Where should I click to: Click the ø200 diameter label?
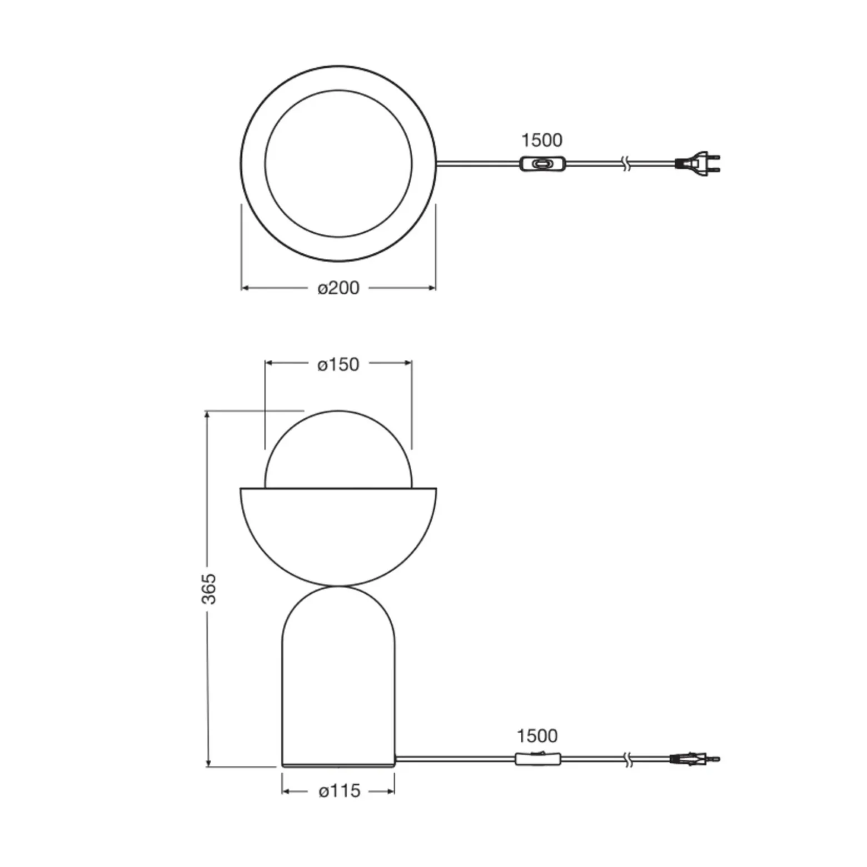click(338, 288)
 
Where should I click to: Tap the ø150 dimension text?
click(338, 364)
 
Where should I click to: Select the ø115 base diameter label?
click(340, 790)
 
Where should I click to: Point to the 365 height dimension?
click(208, 589)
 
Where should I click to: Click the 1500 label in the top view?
click(542, 140)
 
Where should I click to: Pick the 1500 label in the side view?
click(537, 736)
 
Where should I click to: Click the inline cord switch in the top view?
click(543, 164)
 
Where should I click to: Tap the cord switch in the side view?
click(538, 758)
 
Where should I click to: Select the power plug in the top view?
click(698, 163)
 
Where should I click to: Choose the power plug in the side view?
click(695, 759)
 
